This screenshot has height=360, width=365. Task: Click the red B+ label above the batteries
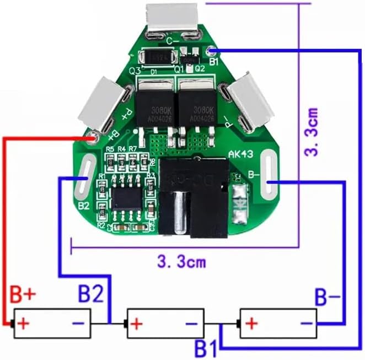(23, 295)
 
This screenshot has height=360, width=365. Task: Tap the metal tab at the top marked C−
(171, 18)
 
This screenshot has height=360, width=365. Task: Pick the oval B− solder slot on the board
(267, 175)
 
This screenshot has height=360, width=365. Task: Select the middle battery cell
(165, 323)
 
